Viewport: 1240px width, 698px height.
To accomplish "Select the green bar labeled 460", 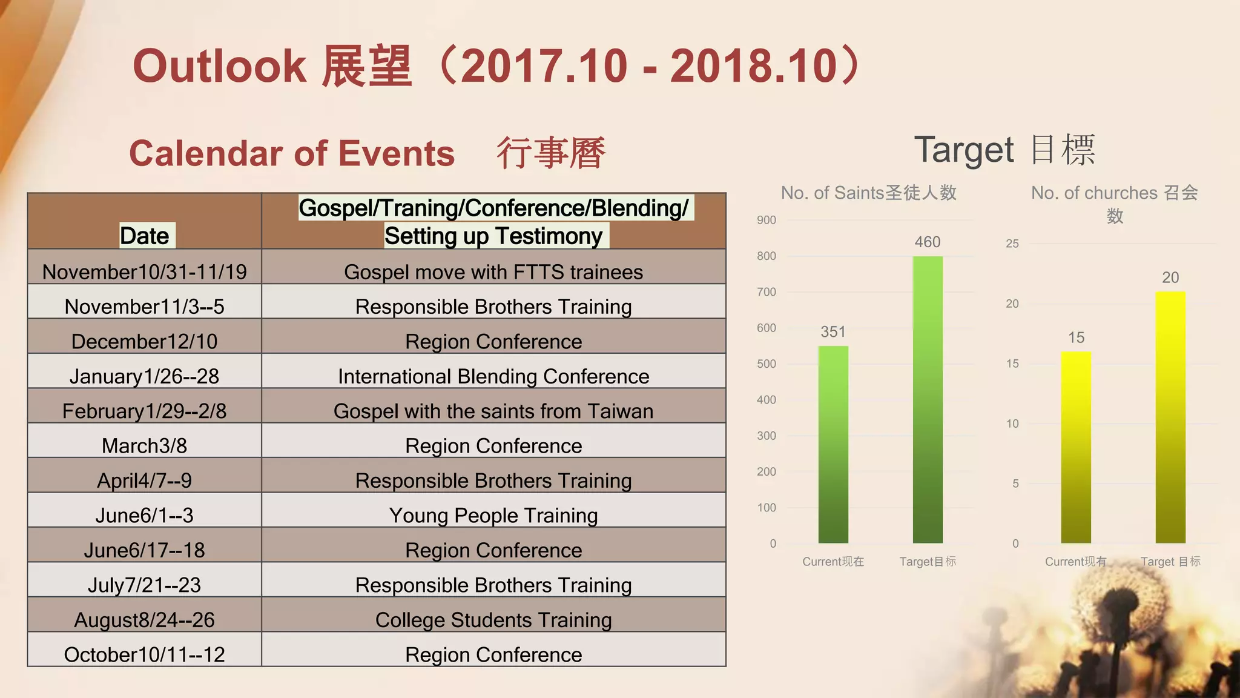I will coord(928,399).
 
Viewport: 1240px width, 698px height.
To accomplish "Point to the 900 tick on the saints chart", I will coord(766,220).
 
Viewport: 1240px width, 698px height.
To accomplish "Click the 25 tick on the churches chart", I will coord(1012,244).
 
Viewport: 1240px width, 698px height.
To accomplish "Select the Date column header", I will coord(145,236).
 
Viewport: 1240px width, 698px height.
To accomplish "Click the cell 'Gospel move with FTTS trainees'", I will coord(493,272).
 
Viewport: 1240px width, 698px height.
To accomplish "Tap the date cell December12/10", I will coord(145,341).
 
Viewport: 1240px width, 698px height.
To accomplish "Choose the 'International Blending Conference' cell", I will coord(493,376).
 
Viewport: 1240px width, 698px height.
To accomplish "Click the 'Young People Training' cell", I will coord(493,515).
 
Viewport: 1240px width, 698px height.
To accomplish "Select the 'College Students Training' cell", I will coord(493,620).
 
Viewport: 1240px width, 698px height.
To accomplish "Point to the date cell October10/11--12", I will coord(145,654).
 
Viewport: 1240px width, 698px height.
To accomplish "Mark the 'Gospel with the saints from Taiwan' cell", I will coord(493,411).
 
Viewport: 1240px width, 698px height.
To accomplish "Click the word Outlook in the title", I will coord(219,66).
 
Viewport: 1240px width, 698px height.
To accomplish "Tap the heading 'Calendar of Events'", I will coord(292,153).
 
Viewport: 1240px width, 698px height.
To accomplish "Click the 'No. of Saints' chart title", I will coord(868,193).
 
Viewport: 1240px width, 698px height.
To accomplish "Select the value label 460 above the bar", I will coord(928,242).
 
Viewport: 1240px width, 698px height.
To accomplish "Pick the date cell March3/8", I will coord(145,445).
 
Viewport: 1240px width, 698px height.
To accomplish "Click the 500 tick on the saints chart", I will coord(766,364).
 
